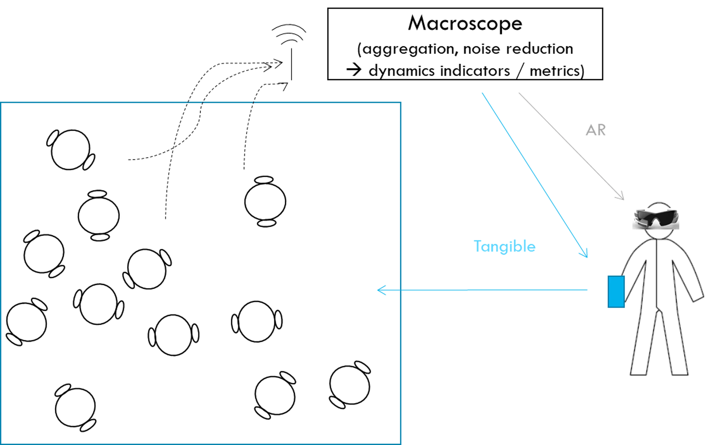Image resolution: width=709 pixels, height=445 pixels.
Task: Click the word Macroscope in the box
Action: point(465,23)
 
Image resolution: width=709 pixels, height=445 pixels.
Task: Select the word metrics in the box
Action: point(555,71)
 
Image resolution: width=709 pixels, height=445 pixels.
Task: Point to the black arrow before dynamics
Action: point(354,70)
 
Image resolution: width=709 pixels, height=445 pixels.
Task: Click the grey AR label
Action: point(596,130)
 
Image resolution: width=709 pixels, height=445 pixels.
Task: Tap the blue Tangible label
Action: point(505,246)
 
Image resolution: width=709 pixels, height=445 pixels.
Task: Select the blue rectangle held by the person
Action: point(616,292)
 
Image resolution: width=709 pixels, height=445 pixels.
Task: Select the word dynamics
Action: point(400,71)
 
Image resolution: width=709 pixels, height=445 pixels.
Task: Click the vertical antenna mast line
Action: point(291,65)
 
